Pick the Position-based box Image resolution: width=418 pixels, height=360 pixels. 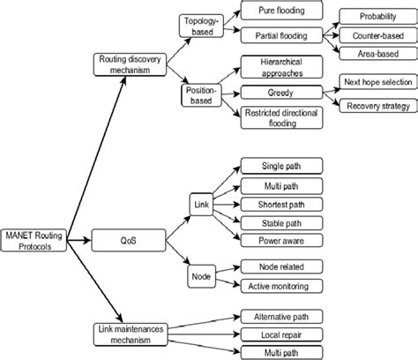(x=204, y=94)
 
